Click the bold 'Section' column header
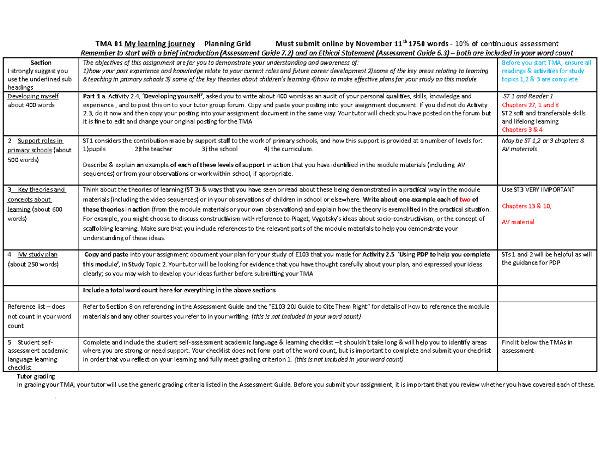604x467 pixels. click(x=41, y=62)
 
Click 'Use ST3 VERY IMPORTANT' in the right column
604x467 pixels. click(x=538, y=190)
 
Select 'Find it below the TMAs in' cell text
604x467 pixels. click(x=537, y=342)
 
